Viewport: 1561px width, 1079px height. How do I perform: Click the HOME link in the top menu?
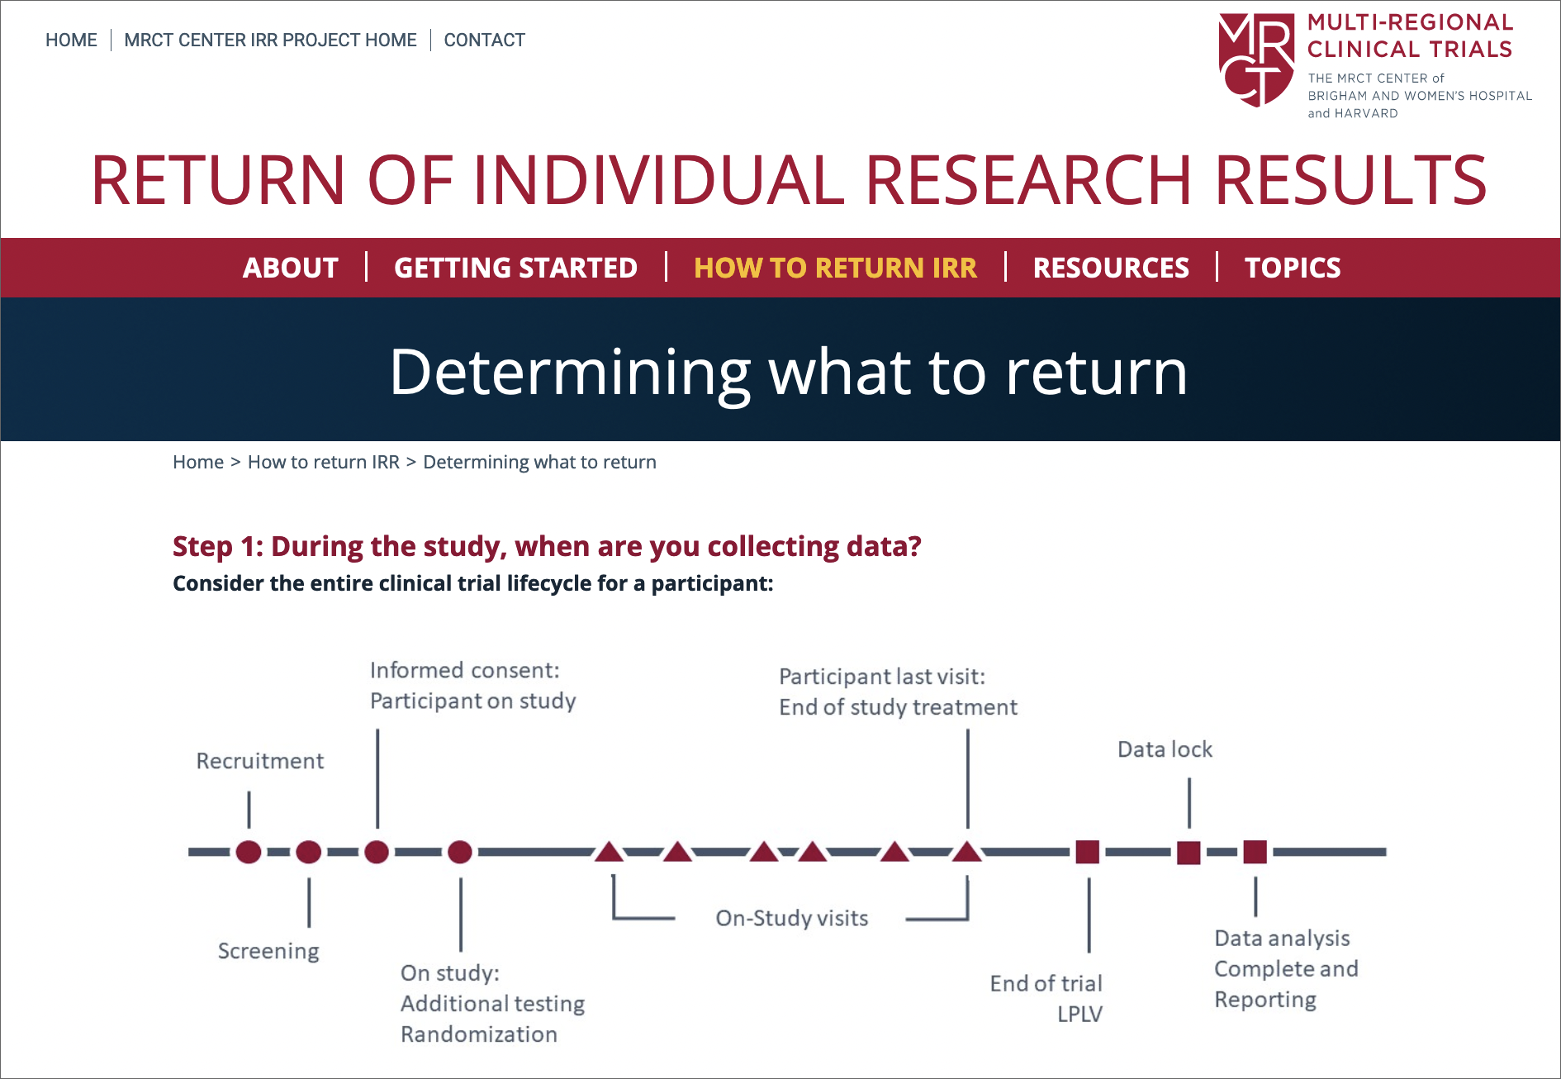71,40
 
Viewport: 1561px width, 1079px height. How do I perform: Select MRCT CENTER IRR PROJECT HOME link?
270,40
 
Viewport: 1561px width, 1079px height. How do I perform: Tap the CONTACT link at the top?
484,40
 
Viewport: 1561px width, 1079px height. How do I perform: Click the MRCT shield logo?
1256,59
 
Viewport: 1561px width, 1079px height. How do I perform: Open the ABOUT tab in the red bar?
291,268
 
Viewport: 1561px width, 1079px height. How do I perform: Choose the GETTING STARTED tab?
515,268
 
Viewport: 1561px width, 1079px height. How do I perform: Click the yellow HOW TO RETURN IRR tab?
835,268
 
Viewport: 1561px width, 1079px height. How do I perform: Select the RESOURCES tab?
1111,268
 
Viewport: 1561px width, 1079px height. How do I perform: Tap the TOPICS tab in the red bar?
1293,268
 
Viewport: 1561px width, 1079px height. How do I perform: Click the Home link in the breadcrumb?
198,462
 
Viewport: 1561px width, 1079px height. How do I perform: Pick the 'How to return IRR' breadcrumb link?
324,462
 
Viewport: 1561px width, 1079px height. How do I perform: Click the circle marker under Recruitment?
249,852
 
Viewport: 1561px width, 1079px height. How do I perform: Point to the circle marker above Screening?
309,852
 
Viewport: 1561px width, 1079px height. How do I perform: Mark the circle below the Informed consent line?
377,852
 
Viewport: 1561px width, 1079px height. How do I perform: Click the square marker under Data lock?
1189,853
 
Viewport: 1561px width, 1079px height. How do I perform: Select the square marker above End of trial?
1088,852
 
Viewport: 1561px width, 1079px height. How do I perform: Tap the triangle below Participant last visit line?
967,851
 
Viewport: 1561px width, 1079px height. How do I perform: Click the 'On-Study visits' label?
792,918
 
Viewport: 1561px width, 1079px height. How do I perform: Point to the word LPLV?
1080,1014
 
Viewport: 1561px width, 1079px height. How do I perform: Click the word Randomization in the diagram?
479,1034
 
